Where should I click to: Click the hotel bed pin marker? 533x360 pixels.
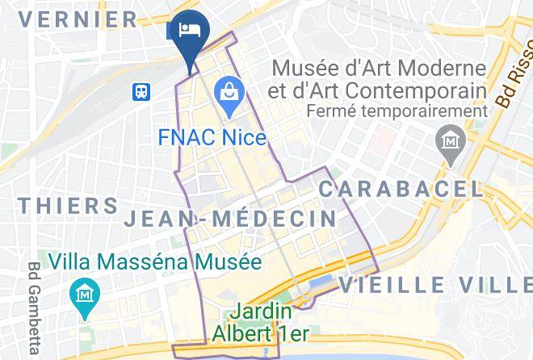190,32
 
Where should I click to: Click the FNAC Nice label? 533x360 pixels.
212,137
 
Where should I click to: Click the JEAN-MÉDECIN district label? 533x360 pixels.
230,218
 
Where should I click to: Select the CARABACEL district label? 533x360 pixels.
401,190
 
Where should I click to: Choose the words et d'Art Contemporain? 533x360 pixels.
380,90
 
